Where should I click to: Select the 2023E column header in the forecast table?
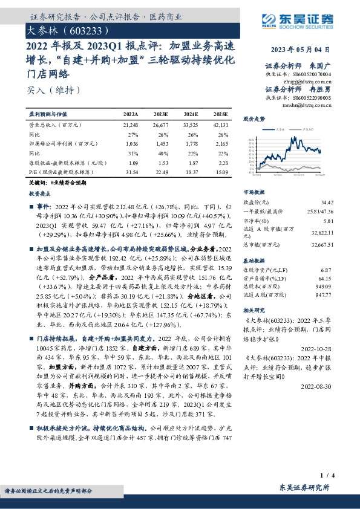pos(161,114)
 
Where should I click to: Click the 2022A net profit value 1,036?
pos(131,144)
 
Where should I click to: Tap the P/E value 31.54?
pos(130,172)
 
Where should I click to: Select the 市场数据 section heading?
pos(254,192)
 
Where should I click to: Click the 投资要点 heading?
pos(41,195)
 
